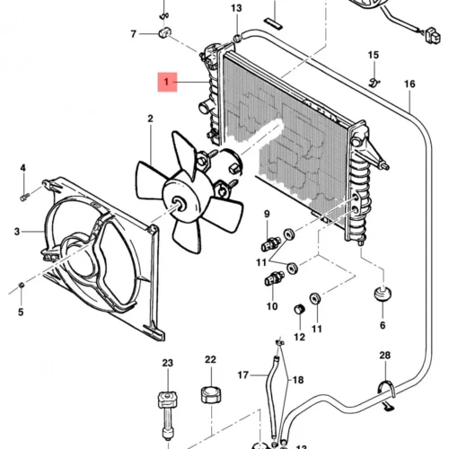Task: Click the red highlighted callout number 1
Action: tap(167, 82)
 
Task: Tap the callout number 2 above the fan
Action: tap(150, 119)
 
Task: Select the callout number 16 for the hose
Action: tap(409, 84)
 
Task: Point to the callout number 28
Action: tap(385, 356)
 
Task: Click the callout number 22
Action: tap(210, 359)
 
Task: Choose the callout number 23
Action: tap(168, 363)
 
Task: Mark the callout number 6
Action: tap(383, 325)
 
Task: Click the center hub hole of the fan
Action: tap(180, 204)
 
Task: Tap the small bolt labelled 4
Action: tap(25, 197)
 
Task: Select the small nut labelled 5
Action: tap(21, 285)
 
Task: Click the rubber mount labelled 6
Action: tap(383, 294)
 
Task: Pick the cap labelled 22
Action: tap(211, 395)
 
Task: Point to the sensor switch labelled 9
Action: tap(271, 244)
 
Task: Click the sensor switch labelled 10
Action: tap(274, 278)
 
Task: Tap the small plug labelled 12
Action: tap(299, 309)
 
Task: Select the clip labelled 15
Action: tap(374, 82)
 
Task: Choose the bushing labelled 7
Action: tap(164, 32)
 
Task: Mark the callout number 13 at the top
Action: tap(236, 8)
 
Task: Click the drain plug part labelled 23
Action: tap(168, 416)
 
